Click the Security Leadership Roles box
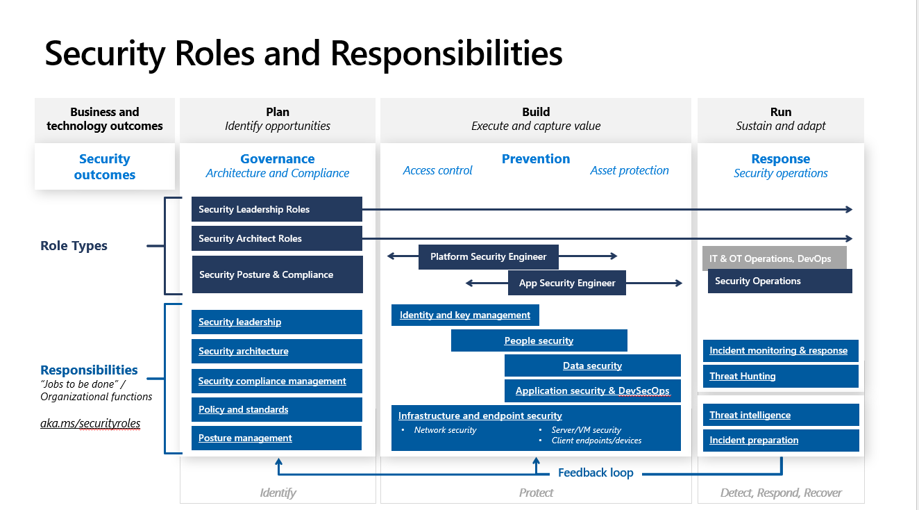pos(276,209)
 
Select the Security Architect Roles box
pos(276,238)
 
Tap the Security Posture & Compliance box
pos(276,274)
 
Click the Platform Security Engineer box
pos(489,256)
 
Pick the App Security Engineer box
pos(567,283)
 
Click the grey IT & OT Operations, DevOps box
pos(770,258)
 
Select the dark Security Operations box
pos(779,281)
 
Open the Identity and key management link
pos(465,315)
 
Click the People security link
pos(539,340)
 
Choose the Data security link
pos(592,365)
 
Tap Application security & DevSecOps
pos(592,390)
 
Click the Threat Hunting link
pos(743,376)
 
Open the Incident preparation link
pos(754,440)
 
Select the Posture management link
pos(245,438)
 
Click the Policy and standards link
pos(243,409)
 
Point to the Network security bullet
pos(445,430)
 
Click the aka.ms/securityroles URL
pos(90,423)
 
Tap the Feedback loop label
pos(596,472)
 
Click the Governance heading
pos(277,159)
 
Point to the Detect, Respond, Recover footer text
pos(781,493)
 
